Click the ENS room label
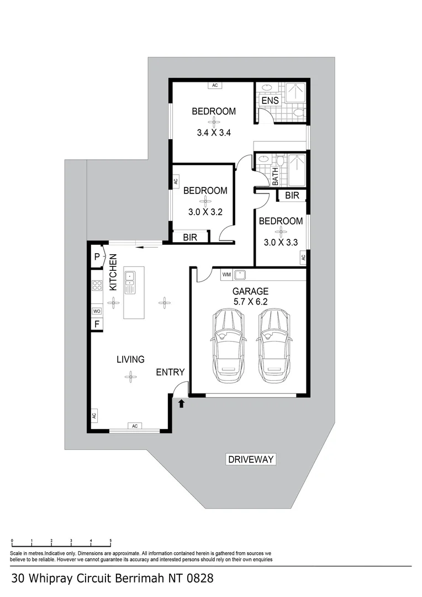point(270,101)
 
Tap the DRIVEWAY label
point(251,459)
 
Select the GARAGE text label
point(250,291)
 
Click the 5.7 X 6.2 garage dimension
point(250,302)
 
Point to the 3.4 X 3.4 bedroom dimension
point(214,133)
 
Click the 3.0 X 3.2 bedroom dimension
point(205,212)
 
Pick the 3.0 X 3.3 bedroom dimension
point(281,242)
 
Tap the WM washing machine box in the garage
point(226,275)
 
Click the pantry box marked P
point(97,257)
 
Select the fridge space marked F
point(97,324)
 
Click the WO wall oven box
point(97,311)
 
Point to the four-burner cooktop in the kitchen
point(97,285)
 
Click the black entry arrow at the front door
point(182,403)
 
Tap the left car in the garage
point(228,345)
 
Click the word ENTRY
point(170,372)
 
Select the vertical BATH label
point(275,177)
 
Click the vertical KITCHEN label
point(113,273)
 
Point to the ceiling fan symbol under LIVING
point(130,377)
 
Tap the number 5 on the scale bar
point(110,540)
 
